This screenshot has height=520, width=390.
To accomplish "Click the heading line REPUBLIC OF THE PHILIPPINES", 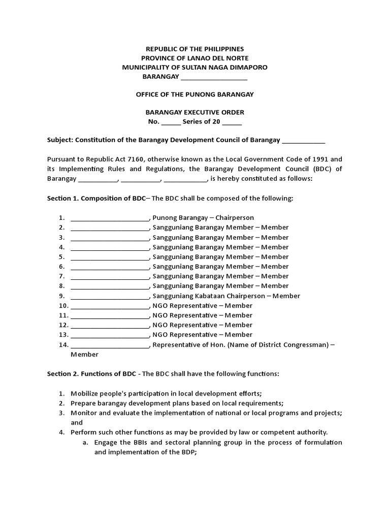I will [x=194, y=49].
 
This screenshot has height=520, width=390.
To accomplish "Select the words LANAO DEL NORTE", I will [x=220, y=58].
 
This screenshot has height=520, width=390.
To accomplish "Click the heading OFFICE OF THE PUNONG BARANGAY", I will [x=194, y=94].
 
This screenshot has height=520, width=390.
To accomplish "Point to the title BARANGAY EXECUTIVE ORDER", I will [x=194, y=112].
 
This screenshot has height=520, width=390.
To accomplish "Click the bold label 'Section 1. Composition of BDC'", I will [x=96, y=198].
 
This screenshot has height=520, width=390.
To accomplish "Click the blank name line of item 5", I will [x=110, y=257].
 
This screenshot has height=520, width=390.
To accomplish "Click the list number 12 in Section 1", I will [x=63, y=325].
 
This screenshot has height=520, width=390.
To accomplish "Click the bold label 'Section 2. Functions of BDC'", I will [x=91, y=374].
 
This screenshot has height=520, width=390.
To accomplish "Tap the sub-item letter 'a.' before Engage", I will [x=86, y=442].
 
